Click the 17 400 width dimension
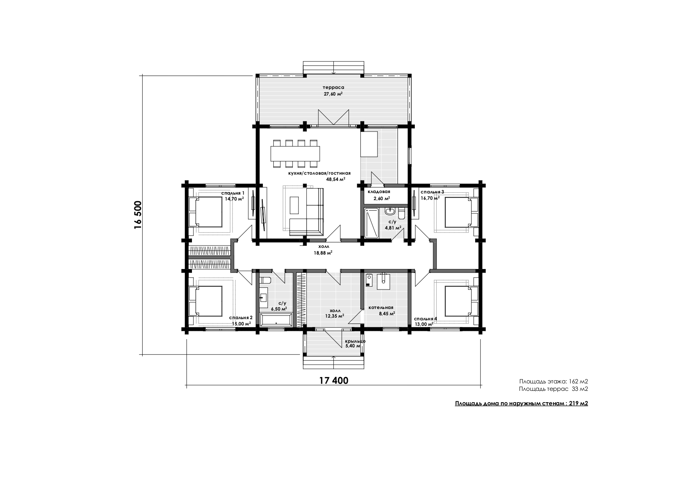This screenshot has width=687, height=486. click(334, 380)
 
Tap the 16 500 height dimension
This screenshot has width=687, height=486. click(137, 215)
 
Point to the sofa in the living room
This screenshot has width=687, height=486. click(307, 212)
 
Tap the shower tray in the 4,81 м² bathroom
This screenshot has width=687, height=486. click(372, 223)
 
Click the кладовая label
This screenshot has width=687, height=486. click(379, 192)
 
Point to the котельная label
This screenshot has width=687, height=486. click(381, 307)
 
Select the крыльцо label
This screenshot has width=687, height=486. click(355, 341)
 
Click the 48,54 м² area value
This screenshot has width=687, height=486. click(336, 179)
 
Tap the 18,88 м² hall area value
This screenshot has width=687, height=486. click(323, 253)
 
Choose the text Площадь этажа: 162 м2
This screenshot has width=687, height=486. click(553, 381)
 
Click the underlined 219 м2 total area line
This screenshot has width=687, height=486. click(521, 404)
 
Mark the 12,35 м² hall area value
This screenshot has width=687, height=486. click(334, 315)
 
